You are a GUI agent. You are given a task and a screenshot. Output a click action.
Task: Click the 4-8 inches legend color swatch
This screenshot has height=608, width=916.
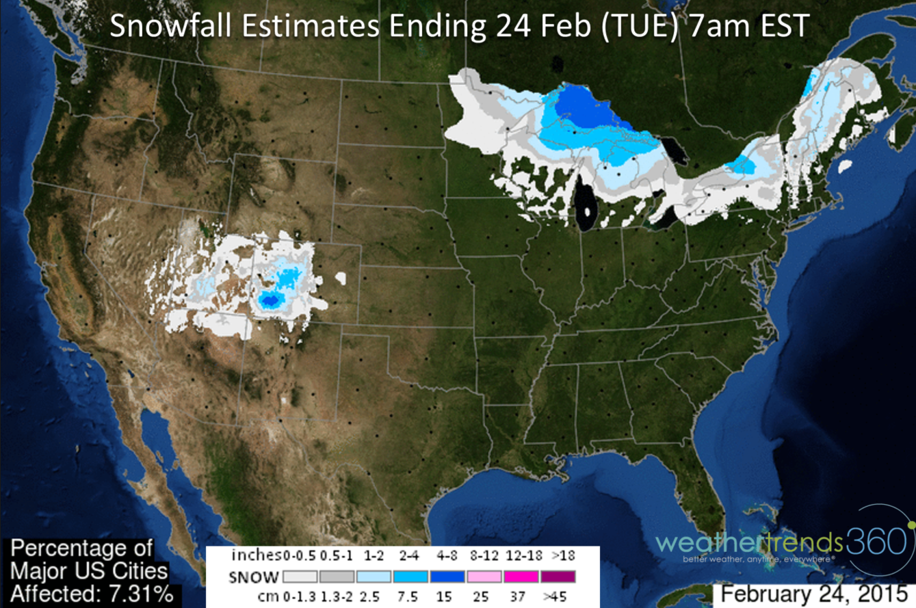click(448, 577)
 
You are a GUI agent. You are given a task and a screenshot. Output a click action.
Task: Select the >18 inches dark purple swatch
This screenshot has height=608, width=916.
click(558, 577)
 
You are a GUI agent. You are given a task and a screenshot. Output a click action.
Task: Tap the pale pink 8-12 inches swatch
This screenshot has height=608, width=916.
click(485, 577)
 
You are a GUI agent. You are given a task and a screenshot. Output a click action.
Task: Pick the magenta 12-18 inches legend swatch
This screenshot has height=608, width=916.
click(521, 577)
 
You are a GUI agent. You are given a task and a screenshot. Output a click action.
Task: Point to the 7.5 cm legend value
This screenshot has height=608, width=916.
click(411, 596)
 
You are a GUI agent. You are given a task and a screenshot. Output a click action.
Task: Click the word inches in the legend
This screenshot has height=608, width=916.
click(255, 555)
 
